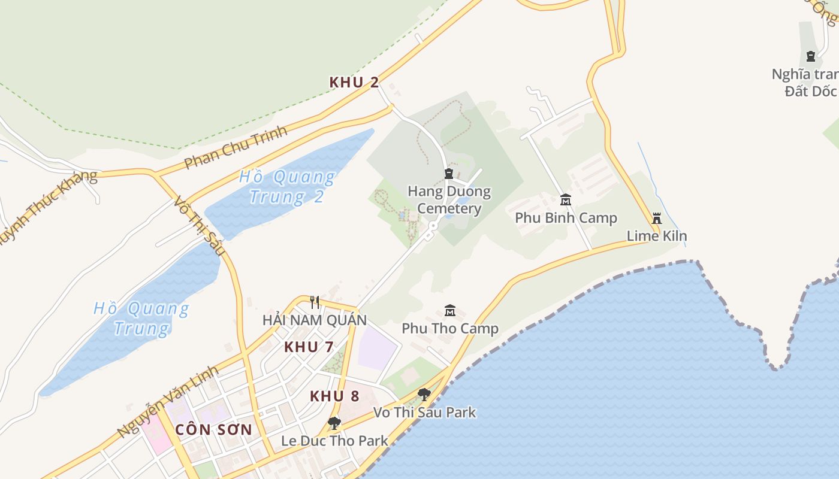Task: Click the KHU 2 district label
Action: [354, 83]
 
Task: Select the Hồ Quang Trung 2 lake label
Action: [287, 186]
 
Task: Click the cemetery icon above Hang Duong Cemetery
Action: [449, 174]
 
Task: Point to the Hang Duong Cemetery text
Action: [449, 200]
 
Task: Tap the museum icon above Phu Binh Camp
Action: [565, 199]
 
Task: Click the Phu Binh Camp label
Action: [566, 218]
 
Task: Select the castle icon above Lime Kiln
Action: [657, 218]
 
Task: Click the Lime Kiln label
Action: [657, 236]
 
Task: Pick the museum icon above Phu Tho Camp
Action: [450, 310]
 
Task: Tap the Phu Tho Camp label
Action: [450, 329]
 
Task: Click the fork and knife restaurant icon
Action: [315, 302]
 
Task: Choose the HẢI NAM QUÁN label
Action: [315, 320]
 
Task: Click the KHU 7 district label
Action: [309, 347]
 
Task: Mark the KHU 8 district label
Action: [334, 396]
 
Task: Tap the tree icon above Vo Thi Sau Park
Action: [424, 394]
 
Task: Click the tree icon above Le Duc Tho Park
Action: [334, 423]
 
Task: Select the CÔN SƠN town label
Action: [214, 430]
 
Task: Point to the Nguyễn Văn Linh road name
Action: [167, 402]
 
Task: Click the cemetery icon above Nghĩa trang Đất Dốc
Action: [811, 56]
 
